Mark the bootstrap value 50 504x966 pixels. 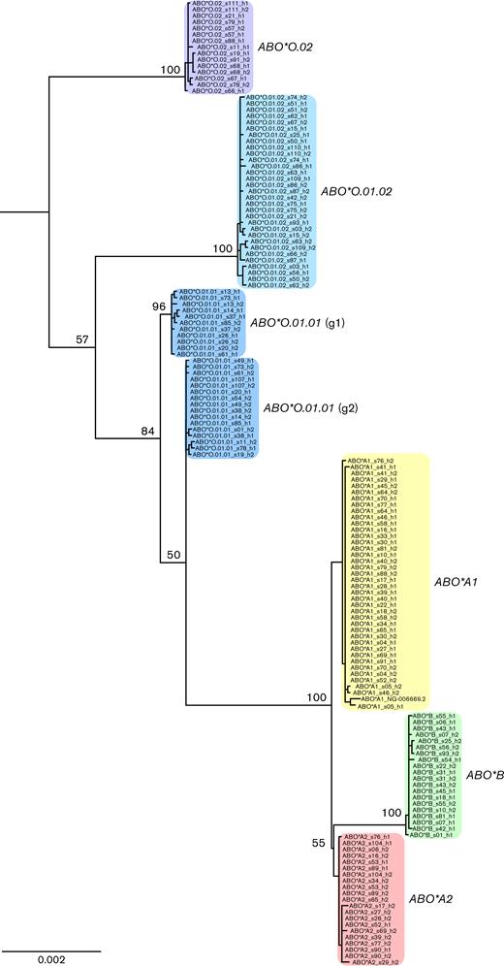pos(172,554)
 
